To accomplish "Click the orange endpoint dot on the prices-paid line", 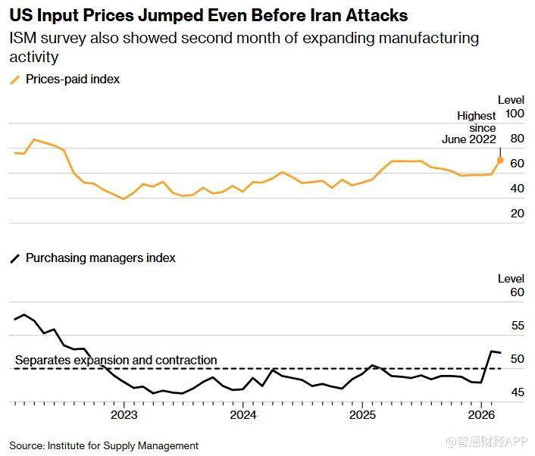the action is [x=500, y=160].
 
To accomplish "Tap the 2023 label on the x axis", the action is [x=124, y=415].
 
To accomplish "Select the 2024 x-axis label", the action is [x=243, y=415].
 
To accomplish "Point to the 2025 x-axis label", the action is [x=362, y=415].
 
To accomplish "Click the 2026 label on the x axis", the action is [x=481, y=415].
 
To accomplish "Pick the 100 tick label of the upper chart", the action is [x=515, y=114].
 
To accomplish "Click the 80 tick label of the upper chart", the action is [x=518, y=139].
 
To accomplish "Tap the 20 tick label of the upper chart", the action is [x=518, y=214].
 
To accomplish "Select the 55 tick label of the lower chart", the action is [x=518, y=326].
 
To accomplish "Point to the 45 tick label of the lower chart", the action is [x=518, y=392].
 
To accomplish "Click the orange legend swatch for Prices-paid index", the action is [x=15, y=80].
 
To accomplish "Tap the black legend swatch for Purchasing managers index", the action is [x=15, y=258].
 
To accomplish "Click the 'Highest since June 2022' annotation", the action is [x=469, y=127].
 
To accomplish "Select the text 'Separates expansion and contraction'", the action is [x=116, y=360].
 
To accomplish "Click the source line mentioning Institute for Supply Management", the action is [x=104, y=445].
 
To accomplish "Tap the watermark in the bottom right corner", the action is [x=487, y=442].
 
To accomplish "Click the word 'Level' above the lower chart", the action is [x=511, y=279].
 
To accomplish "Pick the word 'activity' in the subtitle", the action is [x=34, y=58].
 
